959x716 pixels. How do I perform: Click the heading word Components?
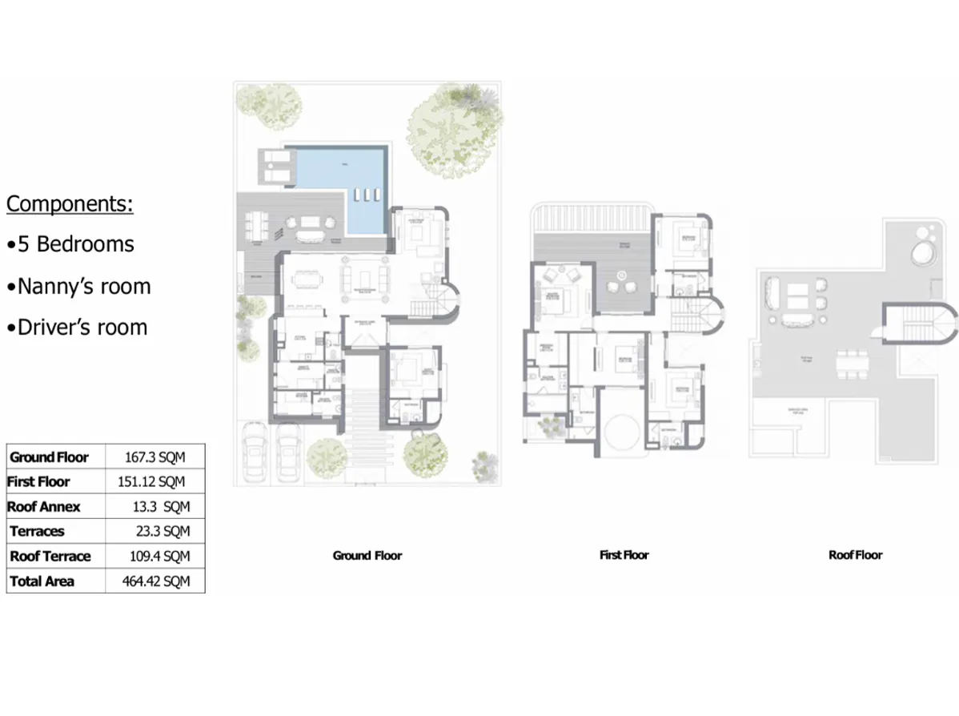coord(70,203)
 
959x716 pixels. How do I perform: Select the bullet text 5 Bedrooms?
coord(76,243)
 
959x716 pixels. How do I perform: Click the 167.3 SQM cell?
coord(154,457)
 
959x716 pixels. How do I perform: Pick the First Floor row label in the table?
coord(39,481)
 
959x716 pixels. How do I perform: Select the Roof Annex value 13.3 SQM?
coord(161,507)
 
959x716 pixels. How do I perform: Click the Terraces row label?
coord(37,531)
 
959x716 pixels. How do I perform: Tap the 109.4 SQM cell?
coord(159,556)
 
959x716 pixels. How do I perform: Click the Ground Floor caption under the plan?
coord(367,555)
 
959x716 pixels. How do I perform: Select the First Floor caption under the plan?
coord(624,554)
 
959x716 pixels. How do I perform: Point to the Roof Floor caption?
coord(855,554)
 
